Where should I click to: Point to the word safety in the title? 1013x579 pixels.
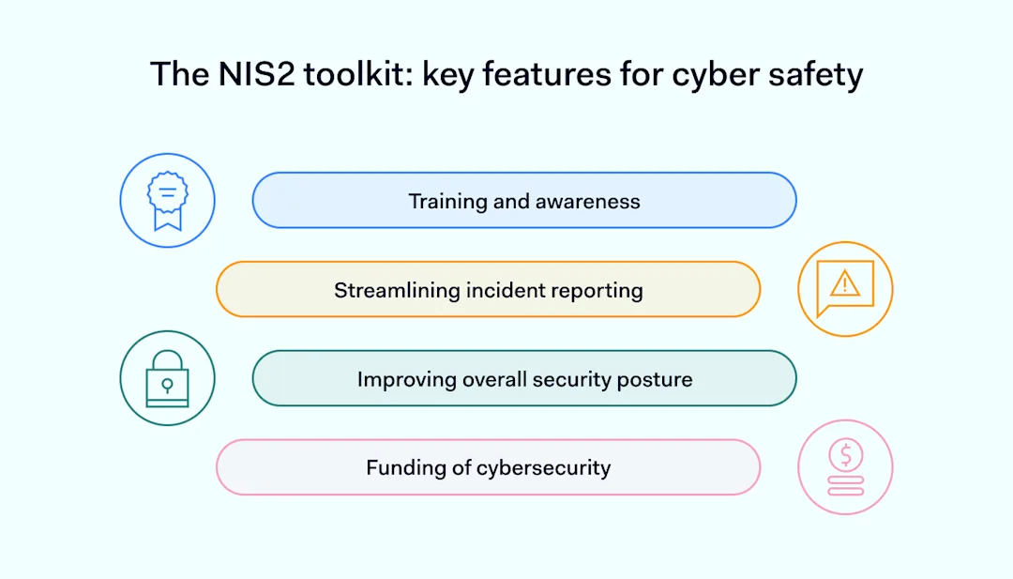[x=816, y=74]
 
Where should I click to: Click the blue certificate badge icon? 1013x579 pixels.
[x=167, y=201]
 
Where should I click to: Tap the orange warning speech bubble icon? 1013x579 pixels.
[x=845, y=289]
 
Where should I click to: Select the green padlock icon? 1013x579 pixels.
[x=167, y=378]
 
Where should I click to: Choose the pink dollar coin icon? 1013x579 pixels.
[x=845, y=466]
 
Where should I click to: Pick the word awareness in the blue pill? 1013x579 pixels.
[x=588, y=201]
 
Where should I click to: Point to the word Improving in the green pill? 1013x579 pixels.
[x=406, y=380]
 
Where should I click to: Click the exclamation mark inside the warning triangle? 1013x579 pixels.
[x=845, y=283]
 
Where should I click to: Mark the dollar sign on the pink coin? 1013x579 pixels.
[x=845, y=455]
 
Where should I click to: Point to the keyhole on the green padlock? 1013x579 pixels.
[x=167, y=385]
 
